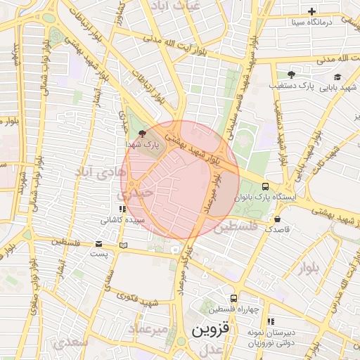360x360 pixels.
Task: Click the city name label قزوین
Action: (210, 329)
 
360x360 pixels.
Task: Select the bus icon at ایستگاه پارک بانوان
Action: (265, 186)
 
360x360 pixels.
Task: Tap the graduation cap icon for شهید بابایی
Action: (338, 77)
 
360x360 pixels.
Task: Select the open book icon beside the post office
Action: (124, 245)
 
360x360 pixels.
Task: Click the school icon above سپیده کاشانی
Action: (122, 209)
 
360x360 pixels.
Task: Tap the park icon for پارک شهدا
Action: (143, 133)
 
